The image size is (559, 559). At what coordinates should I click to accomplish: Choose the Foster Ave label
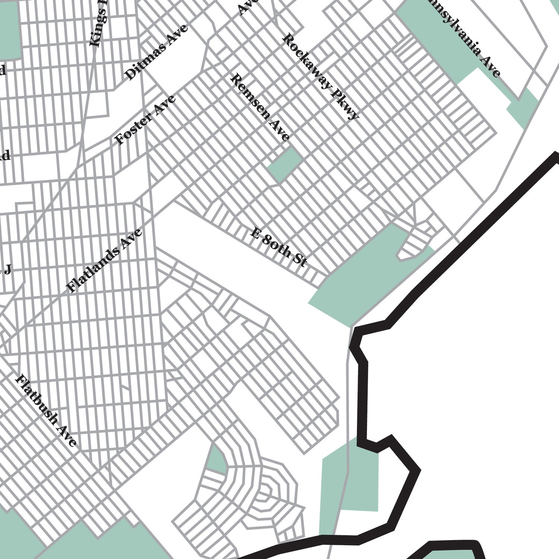point(145,120)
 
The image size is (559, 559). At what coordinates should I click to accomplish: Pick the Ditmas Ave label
point(156,53)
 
